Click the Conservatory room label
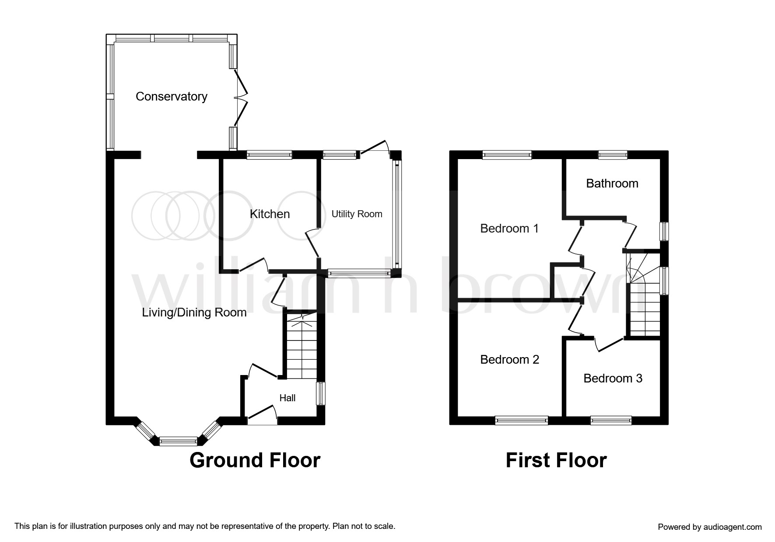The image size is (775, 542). click(171, 97)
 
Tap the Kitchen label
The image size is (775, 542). click(270, 214)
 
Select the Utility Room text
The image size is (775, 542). click(357, 214)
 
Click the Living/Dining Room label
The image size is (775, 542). click(194, 313)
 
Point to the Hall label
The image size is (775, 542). click(288, 398)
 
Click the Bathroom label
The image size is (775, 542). click(612, 183)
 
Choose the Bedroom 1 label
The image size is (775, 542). click(509, 228)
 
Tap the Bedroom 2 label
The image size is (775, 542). click(509, 359)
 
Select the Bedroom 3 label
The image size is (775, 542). click(613, 378)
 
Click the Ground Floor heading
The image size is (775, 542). click(255, 460)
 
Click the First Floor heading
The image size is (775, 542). click(556, 460)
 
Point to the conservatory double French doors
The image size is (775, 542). click(241, 98)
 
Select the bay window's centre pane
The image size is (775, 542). click(178, 441)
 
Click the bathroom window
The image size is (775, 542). click(613, 154)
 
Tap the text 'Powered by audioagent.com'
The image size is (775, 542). click(709, 527)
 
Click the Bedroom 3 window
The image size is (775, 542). click(611, 420)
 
